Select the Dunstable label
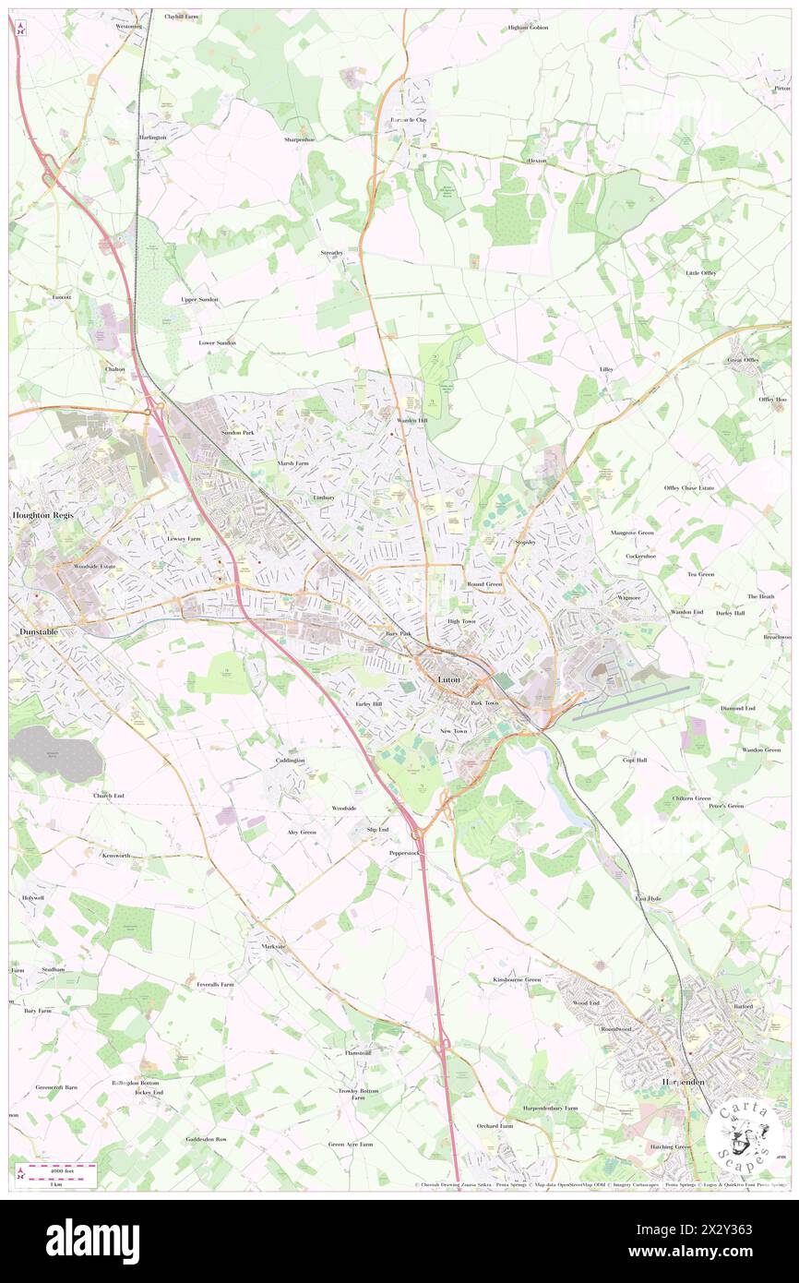(39, 630)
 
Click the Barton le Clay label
(408, 120)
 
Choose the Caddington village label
(289, 761)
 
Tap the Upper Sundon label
(199, 300)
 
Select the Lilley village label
(606, 369)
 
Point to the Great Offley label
(743, 360)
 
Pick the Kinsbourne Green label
(517, 979)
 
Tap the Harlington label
(152, 138)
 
